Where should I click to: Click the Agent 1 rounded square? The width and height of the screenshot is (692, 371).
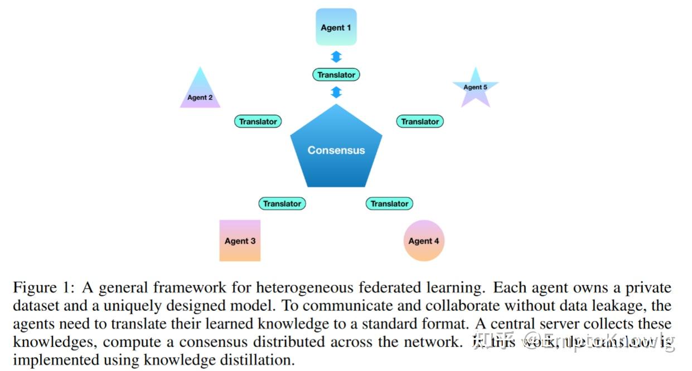tap(336, 27)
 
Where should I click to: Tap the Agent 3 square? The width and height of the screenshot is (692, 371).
tap(240, 241)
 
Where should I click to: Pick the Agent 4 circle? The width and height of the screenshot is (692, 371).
tap(424, 241)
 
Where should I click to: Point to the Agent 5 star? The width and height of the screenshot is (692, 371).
tap(475, 87)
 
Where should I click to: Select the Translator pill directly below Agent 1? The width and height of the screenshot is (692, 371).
tap(336, 75)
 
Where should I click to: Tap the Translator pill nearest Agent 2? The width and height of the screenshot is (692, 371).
tap(258, 121)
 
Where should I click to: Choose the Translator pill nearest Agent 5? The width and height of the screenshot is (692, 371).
tap(420, 121)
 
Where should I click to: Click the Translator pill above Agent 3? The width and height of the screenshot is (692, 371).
tap(282, 204)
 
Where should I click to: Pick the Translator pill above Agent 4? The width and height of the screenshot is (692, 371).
tap(389, 204)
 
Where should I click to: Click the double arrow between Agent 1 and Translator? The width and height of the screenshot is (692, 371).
tap(336, 56)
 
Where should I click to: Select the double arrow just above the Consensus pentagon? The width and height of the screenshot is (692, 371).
tap(336, 92)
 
